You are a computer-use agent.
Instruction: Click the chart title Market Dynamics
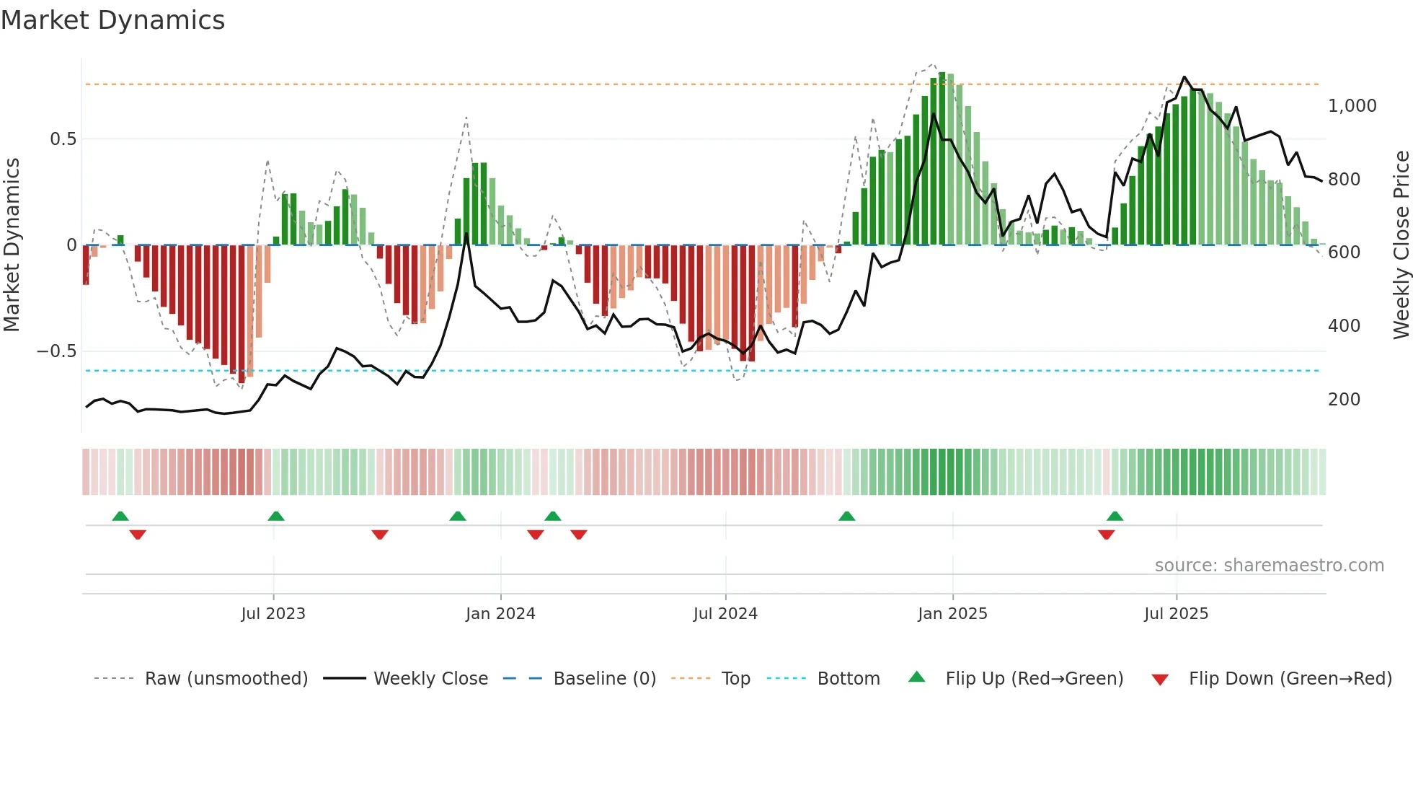[x=112, y=20]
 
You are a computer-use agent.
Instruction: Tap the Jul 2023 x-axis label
[x=273, y=614]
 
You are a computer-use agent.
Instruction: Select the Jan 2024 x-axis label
[x=500, y=614]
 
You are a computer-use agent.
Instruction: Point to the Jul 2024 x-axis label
[x=725, y=614]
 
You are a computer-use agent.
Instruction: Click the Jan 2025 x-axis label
[x=952, y=614]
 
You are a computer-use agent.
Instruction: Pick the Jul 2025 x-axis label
[x=1176, y=614]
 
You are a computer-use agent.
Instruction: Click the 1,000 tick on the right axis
[x=1352, y=106]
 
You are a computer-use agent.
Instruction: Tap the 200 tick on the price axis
[x=1344, y=400]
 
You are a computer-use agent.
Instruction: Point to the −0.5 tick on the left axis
[x=56, y=351]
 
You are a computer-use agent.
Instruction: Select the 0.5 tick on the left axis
[x=63, y=139]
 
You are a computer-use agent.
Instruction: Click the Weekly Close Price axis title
[x=1401, y=245]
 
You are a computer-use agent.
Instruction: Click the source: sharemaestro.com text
[x=1269, y=566]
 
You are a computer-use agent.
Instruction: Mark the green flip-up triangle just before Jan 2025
[x=847, y=517]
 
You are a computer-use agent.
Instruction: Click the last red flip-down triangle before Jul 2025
[x=1107, y=535]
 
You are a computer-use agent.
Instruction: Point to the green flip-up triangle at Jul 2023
[x=276, y=517]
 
